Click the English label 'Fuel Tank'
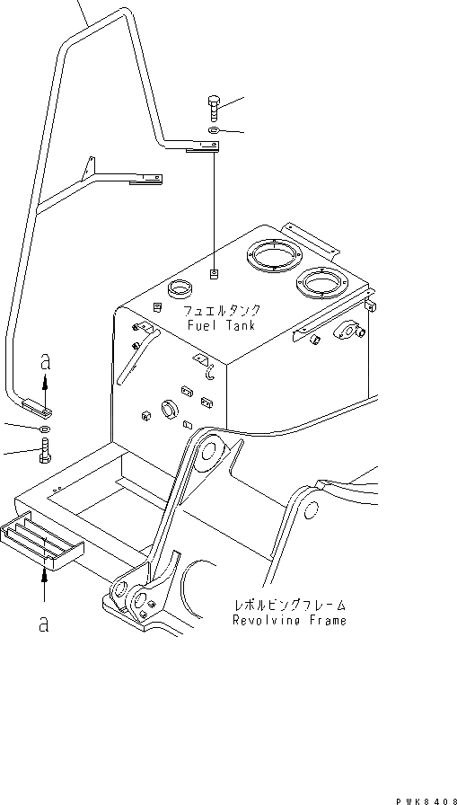pyautogui.click(x=221, y=325)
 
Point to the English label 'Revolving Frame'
pyautogui.click(x=289, y=621)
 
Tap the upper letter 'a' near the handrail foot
pyautogui.click(x=44, y=364)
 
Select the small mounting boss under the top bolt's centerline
pyautogui.click(x=215, y=273)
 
